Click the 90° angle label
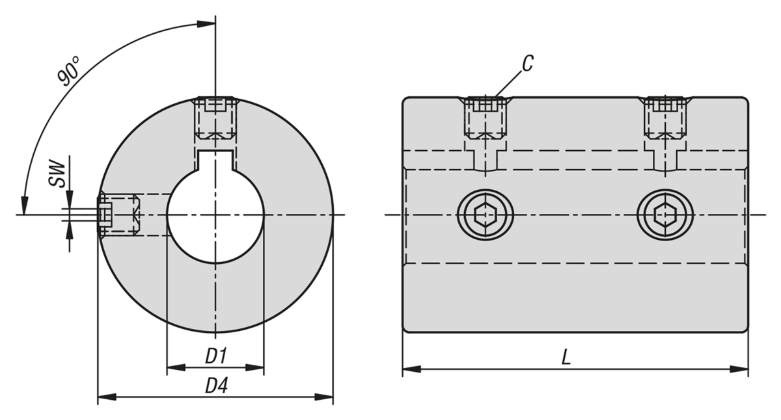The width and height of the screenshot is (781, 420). [x=69, y=71]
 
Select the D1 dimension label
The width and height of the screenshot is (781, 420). [x=215, y=356]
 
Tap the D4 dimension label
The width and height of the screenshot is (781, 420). [x=216, y=386]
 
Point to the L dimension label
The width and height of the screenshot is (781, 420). [x=566, y=357]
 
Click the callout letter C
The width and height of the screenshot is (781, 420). [x=528, y=63]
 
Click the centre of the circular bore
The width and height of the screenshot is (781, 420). [x=215, y=215]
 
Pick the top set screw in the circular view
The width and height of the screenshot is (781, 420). [x=215, y=118]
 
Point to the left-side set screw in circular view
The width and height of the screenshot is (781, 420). [x=119, y=215]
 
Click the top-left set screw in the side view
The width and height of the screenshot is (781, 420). [x=485, y=118]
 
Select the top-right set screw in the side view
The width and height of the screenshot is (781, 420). [x=665, y=118]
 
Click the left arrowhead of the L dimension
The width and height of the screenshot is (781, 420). [x=409, y=369]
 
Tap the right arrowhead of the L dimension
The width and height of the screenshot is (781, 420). [x=741, y=369]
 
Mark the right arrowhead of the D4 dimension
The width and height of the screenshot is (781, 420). [x=327, y=396]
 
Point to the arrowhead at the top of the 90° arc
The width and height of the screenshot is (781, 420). [x=208, y=25]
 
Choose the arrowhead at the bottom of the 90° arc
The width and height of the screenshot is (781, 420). [x=25, y=207]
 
